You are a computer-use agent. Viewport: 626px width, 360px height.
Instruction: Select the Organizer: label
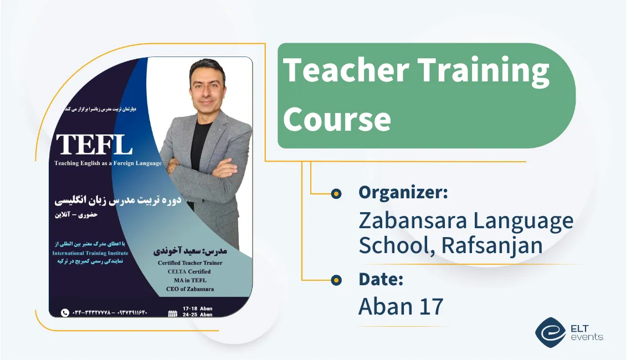point(403,193)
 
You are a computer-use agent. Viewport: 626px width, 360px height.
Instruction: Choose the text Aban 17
point(401,306)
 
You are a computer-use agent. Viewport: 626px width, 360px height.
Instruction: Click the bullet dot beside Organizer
point(335,193)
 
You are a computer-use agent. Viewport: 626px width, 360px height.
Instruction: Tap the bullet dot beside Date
point(335,280)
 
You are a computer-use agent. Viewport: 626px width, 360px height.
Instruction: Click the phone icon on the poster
point(65,312)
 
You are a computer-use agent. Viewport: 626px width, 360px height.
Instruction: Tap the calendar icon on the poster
point(172,313)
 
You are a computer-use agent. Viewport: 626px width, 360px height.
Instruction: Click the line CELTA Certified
point(189,271)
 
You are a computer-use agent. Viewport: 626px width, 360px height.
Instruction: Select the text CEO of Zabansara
point(189,289)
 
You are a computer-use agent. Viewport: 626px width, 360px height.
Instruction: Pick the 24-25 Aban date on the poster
point(198,315)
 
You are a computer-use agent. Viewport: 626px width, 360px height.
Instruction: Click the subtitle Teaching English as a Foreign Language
point(108,163)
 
